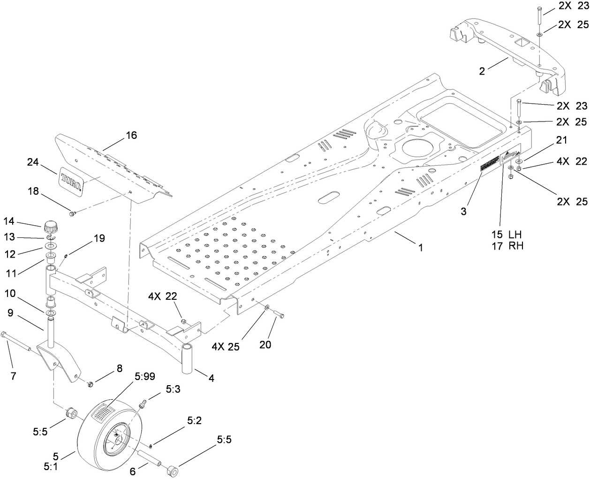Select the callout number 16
click(x=131, y=136)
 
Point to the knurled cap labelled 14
click(x=50, y=228)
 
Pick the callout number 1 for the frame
click(x=421, y=247)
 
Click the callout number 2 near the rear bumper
click(x=482, y=71)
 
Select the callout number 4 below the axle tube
click(x=212, y=378)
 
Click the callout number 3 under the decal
click(x=463, y=211)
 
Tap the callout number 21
click(x=562, y=140)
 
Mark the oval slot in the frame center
click(x=330, y=197)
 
